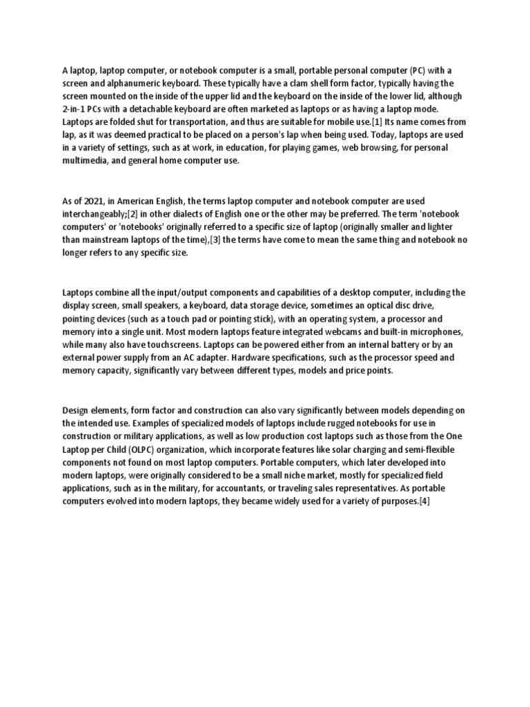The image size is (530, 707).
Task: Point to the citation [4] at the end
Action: pyautogui.click(x=424, y=501)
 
